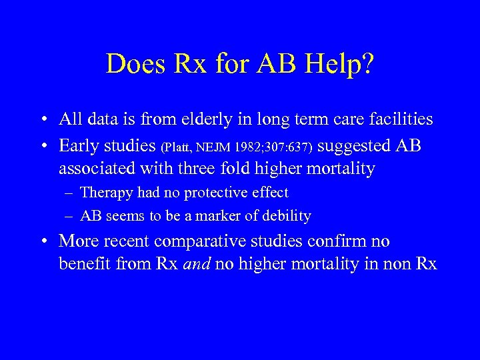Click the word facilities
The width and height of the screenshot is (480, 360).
399,119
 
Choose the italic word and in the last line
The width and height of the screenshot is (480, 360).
198,264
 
